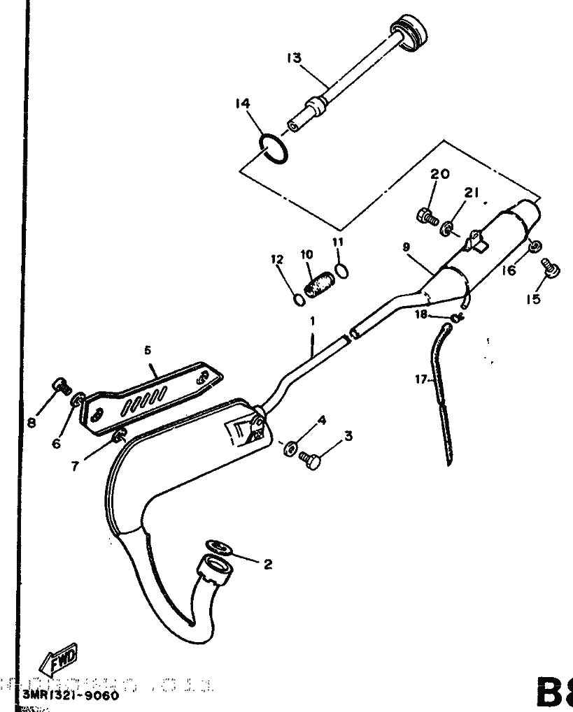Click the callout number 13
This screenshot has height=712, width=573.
coord(293,58)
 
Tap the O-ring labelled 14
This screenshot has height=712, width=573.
coord(272,147)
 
